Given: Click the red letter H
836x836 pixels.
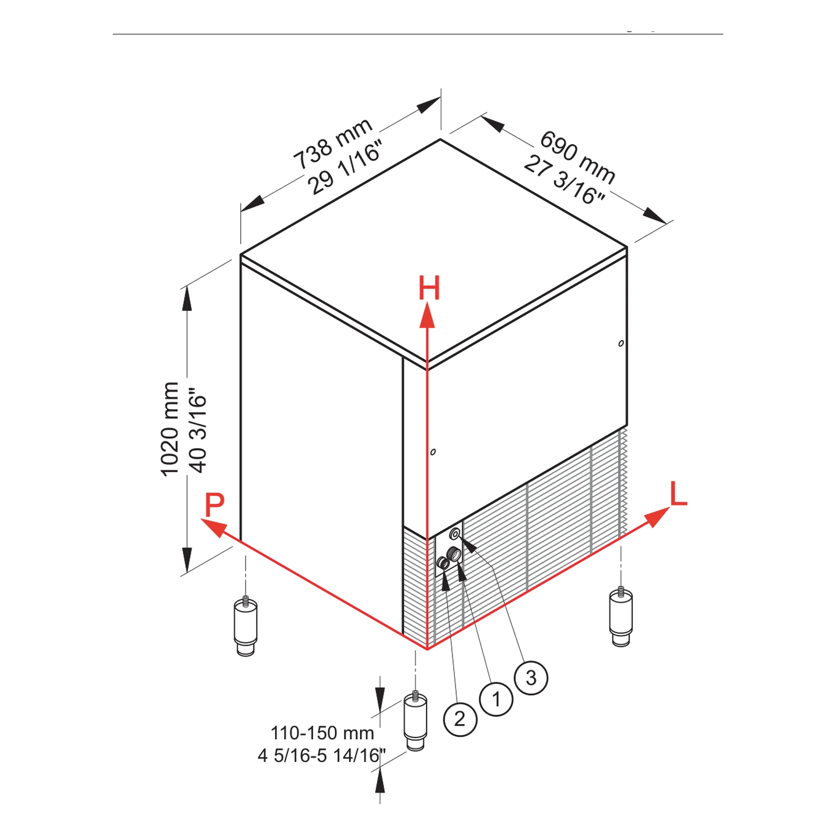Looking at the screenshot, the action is click(429, 288).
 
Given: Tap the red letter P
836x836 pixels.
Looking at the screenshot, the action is click(214, 504).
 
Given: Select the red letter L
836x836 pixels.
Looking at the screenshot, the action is click(678, 493).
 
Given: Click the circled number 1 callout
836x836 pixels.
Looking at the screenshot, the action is click(496, 699).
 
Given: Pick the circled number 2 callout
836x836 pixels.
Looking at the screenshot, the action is click(460, 719).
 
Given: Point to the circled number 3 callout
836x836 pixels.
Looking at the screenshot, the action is click(531, 678).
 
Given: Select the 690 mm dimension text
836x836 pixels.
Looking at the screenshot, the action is click(577, 157).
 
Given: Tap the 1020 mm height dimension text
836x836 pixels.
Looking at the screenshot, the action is click(169, 429).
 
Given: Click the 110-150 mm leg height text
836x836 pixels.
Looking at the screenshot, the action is click(322, 733).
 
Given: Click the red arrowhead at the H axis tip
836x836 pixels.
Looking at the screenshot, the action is click(427, 316).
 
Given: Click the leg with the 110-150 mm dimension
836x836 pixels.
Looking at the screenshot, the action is click(415, 721).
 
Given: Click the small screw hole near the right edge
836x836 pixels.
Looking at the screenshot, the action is click(621, 343).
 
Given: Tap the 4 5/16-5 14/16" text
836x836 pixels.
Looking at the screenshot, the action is click(321, 756).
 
